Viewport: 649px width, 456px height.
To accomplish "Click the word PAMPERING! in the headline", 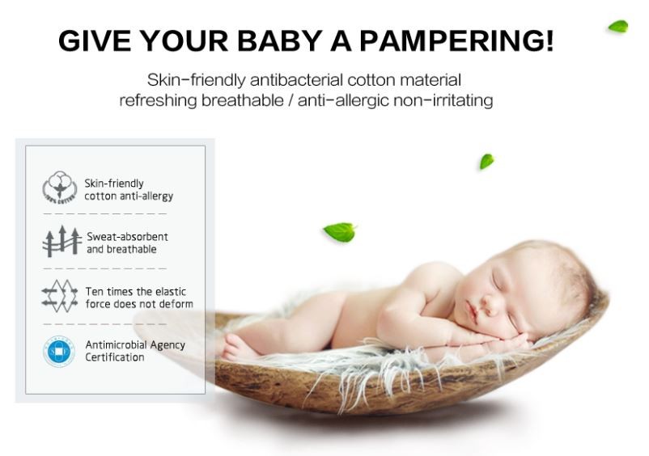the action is (456, 40).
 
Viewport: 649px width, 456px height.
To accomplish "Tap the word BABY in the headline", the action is (280, 40).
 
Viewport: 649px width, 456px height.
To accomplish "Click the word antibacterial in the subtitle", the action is (297, 80).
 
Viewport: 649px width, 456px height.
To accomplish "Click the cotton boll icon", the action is (60, 188).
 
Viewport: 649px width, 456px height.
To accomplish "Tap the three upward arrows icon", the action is (62, 241).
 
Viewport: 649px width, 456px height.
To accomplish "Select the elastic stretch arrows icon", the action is (60, 296).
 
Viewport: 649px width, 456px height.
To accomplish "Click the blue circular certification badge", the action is (59, 352).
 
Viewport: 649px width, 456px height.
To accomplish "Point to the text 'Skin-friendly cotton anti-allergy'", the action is (129, 190).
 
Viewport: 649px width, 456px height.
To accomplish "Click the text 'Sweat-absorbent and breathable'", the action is (127, 243).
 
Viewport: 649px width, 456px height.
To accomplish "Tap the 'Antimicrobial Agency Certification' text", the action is (135, 351).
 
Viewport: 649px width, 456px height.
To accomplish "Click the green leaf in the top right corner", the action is (618, 26).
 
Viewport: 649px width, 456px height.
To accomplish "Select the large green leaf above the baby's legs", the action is (340, 232).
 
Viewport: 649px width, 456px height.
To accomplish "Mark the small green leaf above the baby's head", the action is (487, 161).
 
